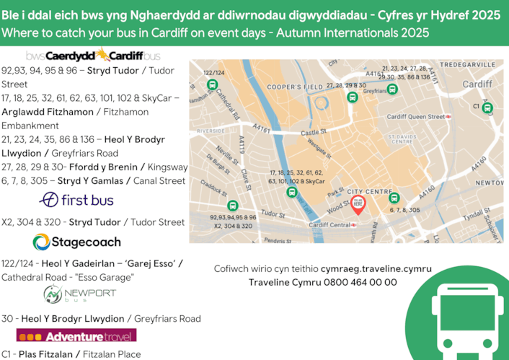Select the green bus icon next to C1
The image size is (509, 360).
(x=487, y=108)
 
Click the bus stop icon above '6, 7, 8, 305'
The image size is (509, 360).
(x=394, y=198)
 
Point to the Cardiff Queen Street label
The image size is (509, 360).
(x=415, y=116)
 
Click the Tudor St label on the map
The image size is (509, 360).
(x=273, y=214)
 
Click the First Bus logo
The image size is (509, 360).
(x=77, y=199)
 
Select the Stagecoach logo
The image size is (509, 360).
(x=76, y=242)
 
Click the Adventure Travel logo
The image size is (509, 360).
(x=77, y=336)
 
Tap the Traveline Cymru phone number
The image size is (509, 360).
(x=322, y=282)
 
